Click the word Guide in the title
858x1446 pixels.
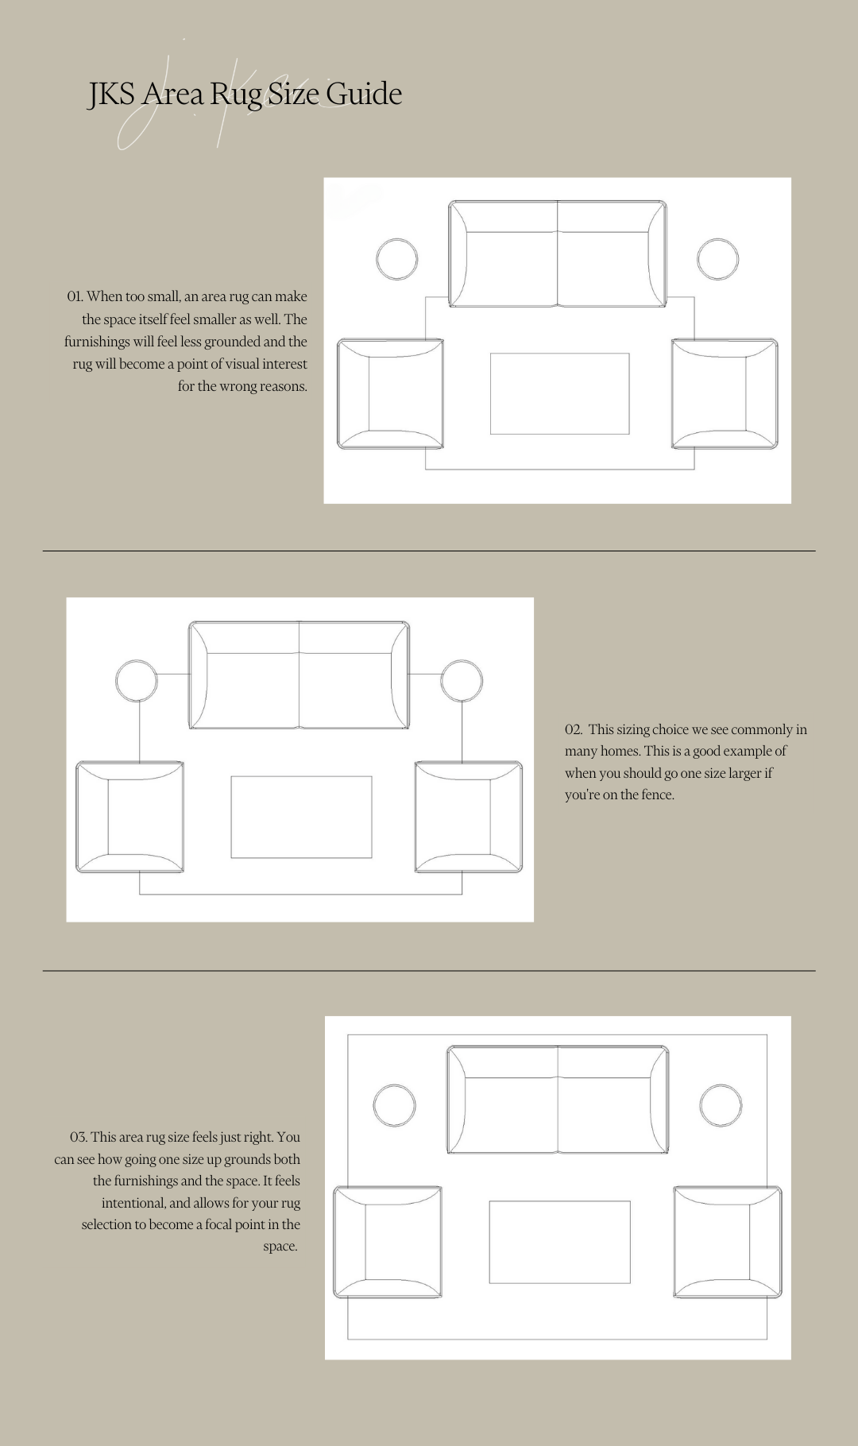click(364, 94)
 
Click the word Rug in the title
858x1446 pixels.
click(236, 95)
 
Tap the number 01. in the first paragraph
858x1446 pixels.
click(75, 296)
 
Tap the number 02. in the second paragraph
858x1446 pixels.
click(574, 729)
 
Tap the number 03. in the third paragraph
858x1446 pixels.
click(78, 1137)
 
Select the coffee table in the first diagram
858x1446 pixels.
click(559, 394)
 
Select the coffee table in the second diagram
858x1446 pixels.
click(301, 817)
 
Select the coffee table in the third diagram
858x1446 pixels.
click(559, 1242)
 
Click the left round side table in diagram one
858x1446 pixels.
click(396, 259)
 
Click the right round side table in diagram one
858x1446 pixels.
click(717, 259)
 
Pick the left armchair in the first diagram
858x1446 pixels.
click(390, 394)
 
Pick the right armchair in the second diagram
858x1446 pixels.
click(469, 817)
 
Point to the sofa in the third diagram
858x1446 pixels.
click(558, 1100)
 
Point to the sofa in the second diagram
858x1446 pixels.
click(299, 675)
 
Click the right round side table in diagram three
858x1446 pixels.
click(721, 1105)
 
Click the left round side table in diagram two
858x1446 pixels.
click(137, 681)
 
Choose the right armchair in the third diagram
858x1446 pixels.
click(727, 1242)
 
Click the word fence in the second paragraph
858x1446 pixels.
click(656, 795)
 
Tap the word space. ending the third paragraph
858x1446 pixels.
click(280, 1246)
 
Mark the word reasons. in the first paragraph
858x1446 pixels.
click(283, 386)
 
